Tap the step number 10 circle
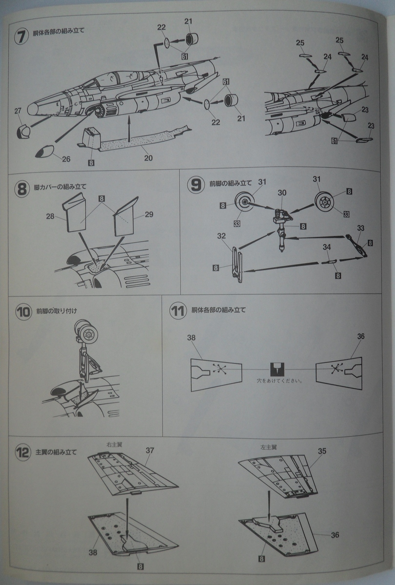point(22,312)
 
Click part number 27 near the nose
point(18,112)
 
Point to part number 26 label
point(66,159)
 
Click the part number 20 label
point(148,157)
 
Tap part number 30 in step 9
point(281,193)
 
